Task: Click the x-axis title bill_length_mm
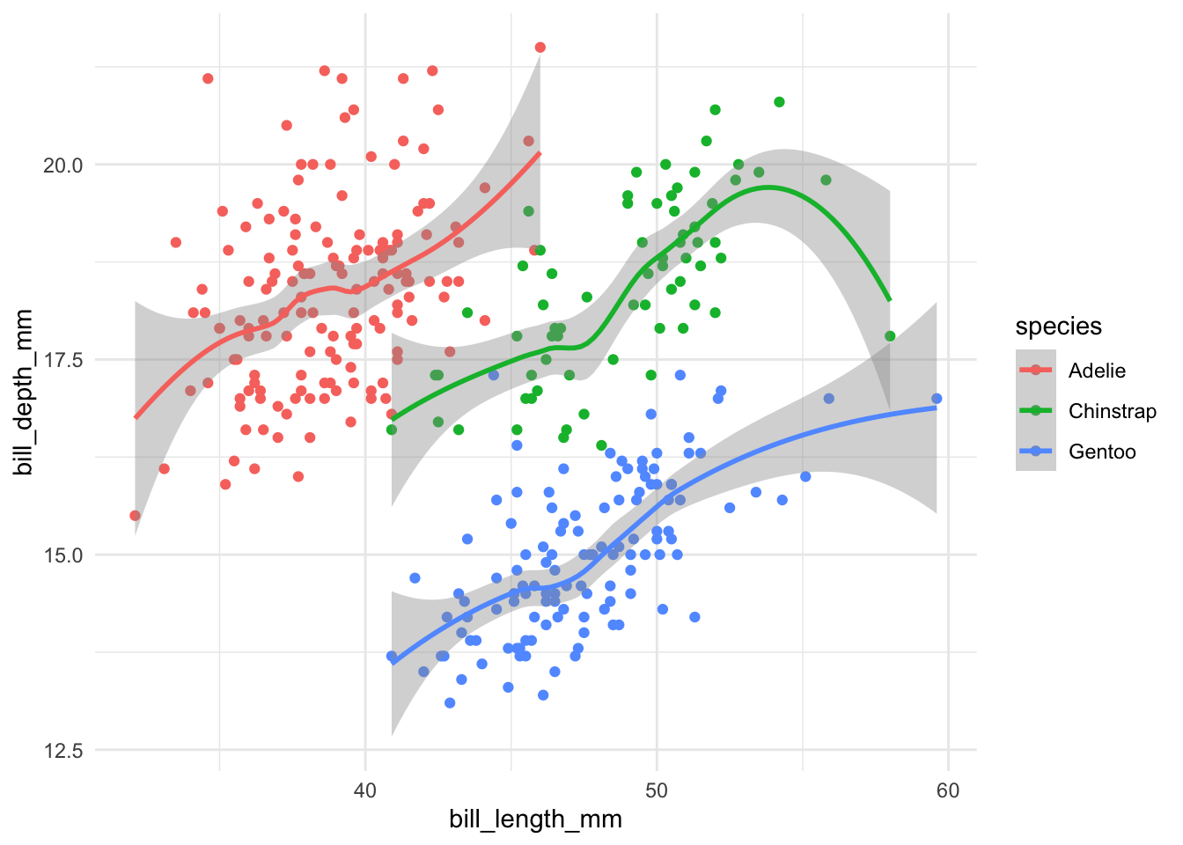535,819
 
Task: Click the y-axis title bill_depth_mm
24,393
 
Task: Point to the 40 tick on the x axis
365,790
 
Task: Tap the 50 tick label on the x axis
657,790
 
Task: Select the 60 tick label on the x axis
948,790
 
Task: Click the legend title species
1058,327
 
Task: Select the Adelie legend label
1097,371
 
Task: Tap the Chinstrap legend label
1112,411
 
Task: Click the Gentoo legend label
1102,452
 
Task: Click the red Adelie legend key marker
1036,371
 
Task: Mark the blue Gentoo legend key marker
1036,452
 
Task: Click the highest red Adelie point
540,48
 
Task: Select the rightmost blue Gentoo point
937,399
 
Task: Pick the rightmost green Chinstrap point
890,336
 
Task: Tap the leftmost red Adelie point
135,516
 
